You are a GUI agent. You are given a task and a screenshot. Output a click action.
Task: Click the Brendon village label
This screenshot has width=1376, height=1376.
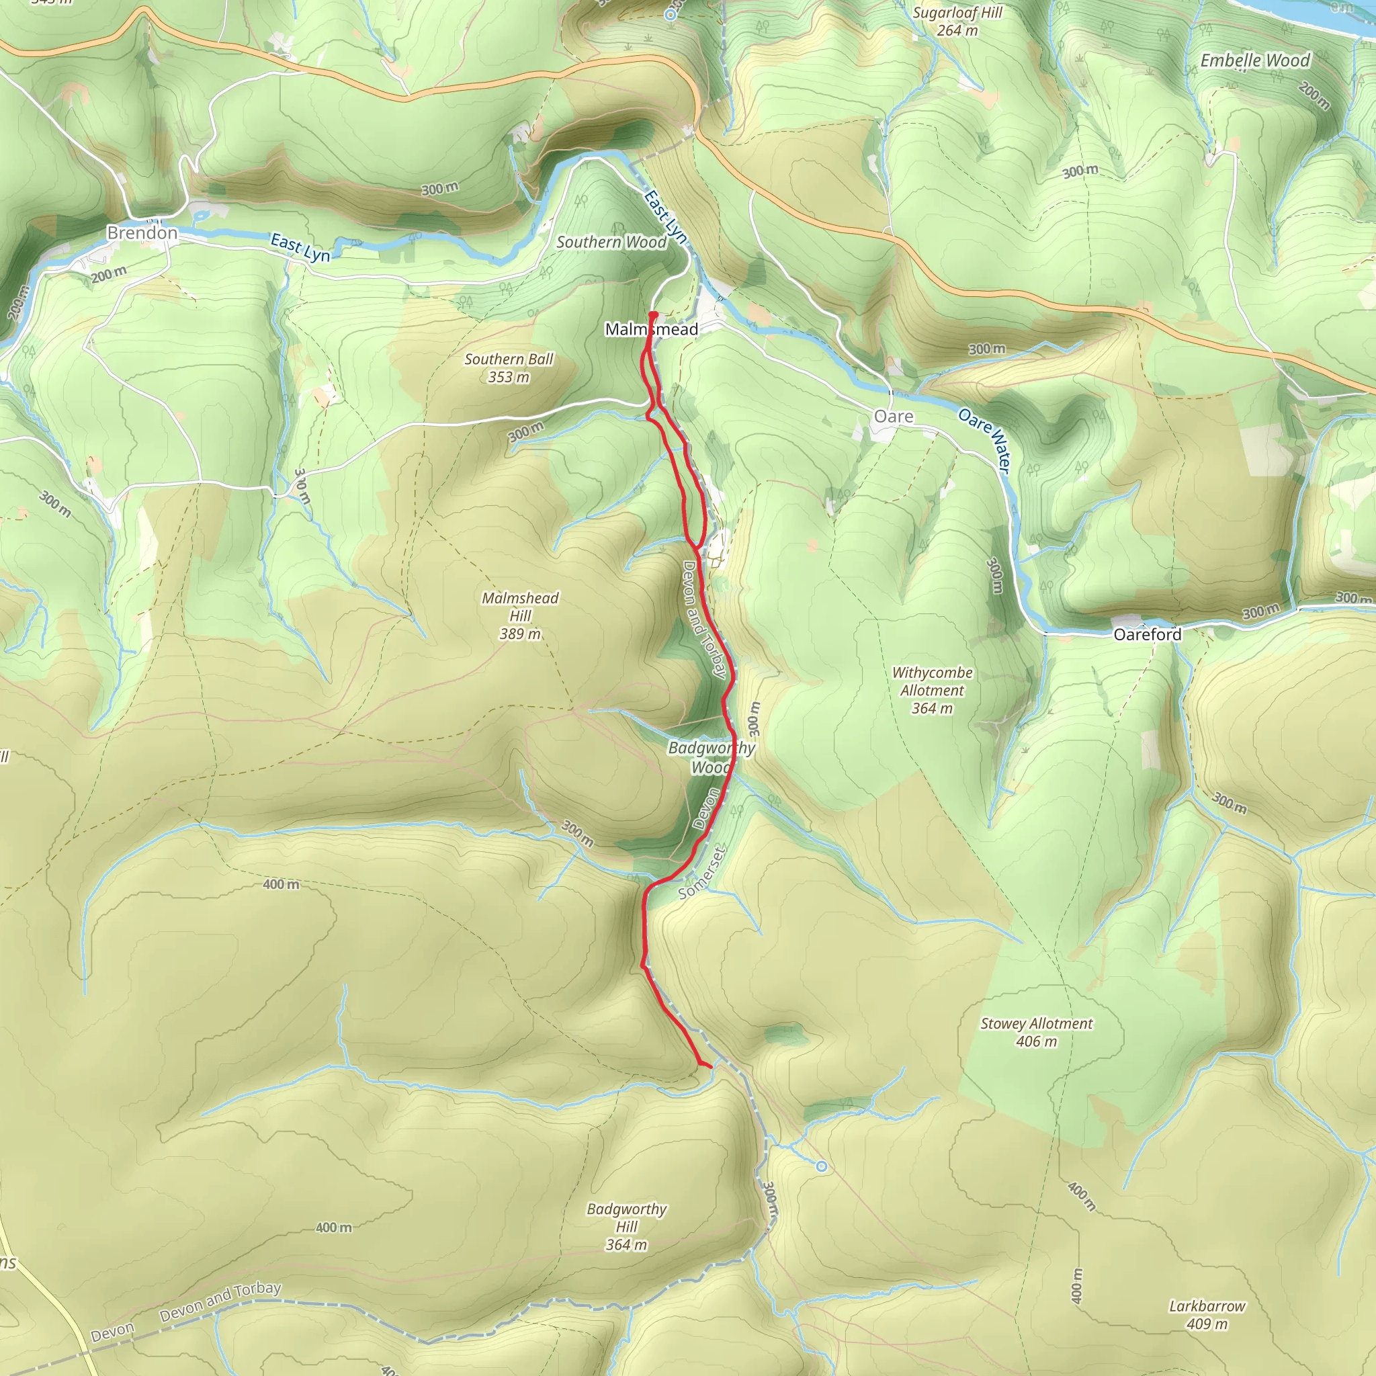142,233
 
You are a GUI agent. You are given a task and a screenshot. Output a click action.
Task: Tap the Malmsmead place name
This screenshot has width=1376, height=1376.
651,329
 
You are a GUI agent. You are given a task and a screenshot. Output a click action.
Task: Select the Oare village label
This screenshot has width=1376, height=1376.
893,417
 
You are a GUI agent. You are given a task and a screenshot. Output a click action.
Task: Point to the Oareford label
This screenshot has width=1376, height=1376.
1147,634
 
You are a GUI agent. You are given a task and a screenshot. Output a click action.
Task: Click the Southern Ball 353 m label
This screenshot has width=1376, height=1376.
509,368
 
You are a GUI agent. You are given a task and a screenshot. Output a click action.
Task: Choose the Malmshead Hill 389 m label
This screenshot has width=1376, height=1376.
520,615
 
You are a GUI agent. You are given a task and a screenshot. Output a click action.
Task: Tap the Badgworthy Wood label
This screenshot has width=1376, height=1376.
711,757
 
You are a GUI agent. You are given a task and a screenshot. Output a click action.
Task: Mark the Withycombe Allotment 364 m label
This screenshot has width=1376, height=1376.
932,690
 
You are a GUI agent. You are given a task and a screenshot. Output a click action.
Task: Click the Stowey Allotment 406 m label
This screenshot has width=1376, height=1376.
1036,1032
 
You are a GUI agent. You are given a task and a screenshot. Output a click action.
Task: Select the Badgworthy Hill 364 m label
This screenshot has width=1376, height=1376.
627,1226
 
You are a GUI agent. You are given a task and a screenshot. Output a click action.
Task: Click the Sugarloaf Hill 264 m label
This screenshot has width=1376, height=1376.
957,21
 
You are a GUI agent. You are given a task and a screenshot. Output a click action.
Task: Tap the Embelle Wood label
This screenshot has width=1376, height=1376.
1255,60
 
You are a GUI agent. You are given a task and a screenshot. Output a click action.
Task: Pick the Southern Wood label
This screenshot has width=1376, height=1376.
611,242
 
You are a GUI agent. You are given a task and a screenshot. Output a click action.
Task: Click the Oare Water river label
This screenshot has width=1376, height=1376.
984,439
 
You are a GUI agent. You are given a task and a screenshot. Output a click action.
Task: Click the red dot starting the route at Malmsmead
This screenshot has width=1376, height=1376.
653,314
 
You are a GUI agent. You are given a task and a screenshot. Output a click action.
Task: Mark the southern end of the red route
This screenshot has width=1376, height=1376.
711,1066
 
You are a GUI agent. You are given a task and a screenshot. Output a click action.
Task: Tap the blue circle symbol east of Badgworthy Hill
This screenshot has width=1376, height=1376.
822,1166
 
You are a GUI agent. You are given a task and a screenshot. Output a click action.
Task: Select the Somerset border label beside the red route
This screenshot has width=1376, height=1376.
701,873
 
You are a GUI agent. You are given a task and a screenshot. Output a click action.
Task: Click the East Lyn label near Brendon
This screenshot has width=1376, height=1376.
300,248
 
